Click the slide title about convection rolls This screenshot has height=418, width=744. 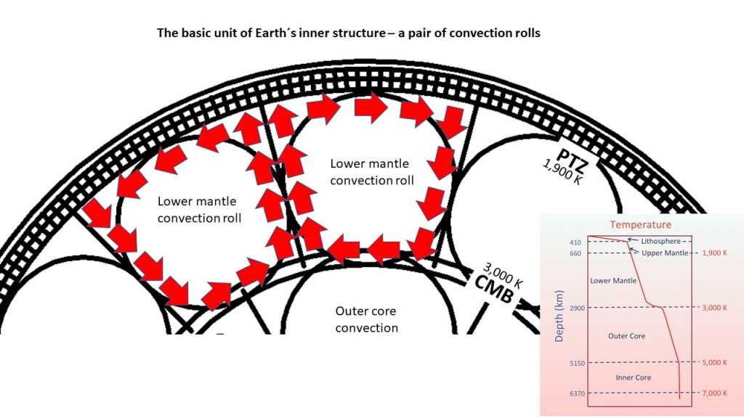349,33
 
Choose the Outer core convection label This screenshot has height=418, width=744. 367,319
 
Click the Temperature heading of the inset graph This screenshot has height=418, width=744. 640,225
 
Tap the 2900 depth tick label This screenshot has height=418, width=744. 576,308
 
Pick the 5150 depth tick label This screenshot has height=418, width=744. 576,363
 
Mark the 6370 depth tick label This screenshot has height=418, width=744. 576,393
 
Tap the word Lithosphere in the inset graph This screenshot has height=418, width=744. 659,240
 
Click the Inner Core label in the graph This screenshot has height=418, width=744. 632,377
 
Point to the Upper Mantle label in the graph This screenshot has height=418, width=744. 663,252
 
